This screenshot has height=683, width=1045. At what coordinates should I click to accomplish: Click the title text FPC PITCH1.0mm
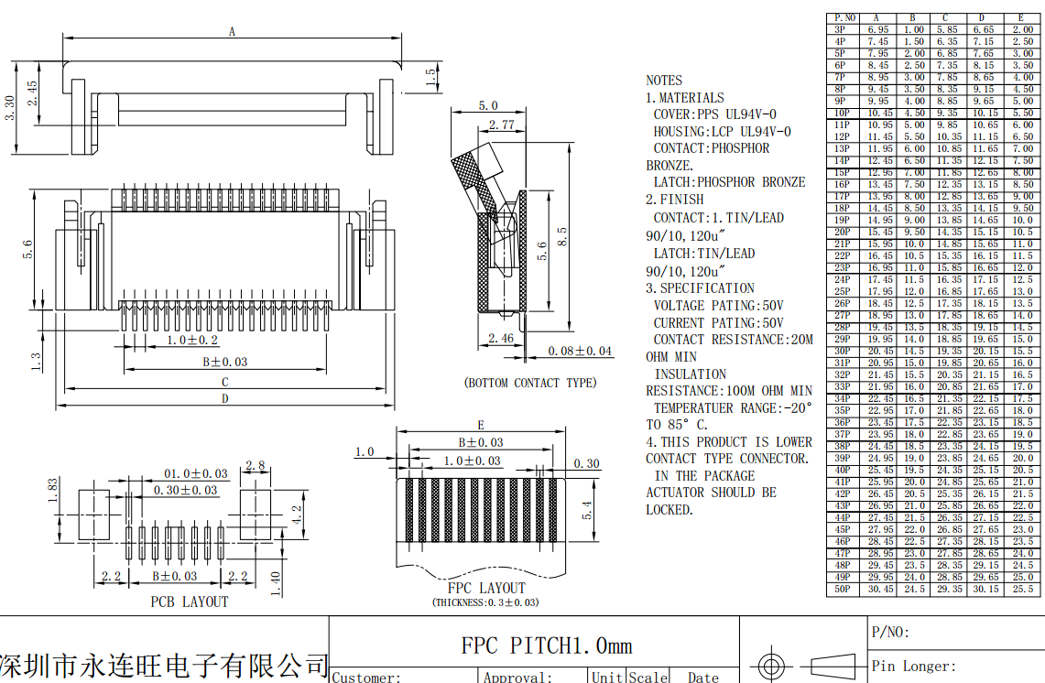(x=546, y=645)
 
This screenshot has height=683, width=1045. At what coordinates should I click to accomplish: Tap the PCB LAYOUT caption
(x=190, y=602)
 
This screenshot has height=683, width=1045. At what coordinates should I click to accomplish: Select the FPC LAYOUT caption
(x=486, y=588)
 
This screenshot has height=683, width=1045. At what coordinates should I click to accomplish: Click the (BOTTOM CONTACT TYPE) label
(x=530, y=383)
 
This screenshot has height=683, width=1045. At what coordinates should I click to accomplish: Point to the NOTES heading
(x=664, y=81)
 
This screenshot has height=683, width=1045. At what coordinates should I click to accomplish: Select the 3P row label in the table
(x=841, y=29)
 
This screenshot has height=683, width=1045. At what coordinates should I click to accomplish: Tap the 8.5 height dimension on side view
(x=561, y=236)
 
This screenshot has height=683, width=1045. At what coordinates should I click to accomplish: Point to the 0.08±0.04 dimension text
(x=581, y=351)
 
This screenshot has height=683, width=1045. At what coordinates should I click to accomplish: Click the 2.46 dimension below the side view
(x=500, y=339)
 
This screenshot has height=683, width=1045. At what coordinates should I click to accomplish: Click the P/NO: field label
(x=890, y=633)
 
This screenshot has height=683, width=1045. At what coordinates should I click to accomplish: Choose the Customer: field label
(x=366, y=678)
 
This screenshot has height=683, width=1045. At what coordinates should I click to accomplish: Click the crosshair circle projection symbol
(x=770, y=662)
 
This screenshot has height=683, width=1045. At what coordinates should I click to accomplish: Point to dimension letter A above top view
(x=233, y=32)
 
